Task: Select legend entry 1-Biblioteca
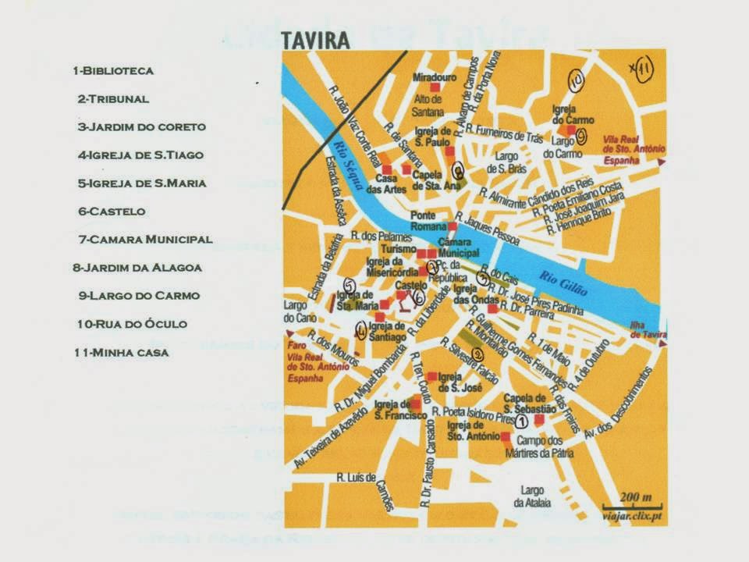113,71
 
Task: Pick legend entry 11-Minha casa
121,352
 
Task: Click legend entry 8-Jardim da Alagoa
137,268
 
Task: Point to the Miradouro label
432,77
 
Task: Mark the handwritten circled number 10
576,80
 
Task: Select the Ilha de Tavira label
644,331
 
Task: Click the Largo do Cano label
296,312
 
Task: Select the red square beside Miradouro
435,88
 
